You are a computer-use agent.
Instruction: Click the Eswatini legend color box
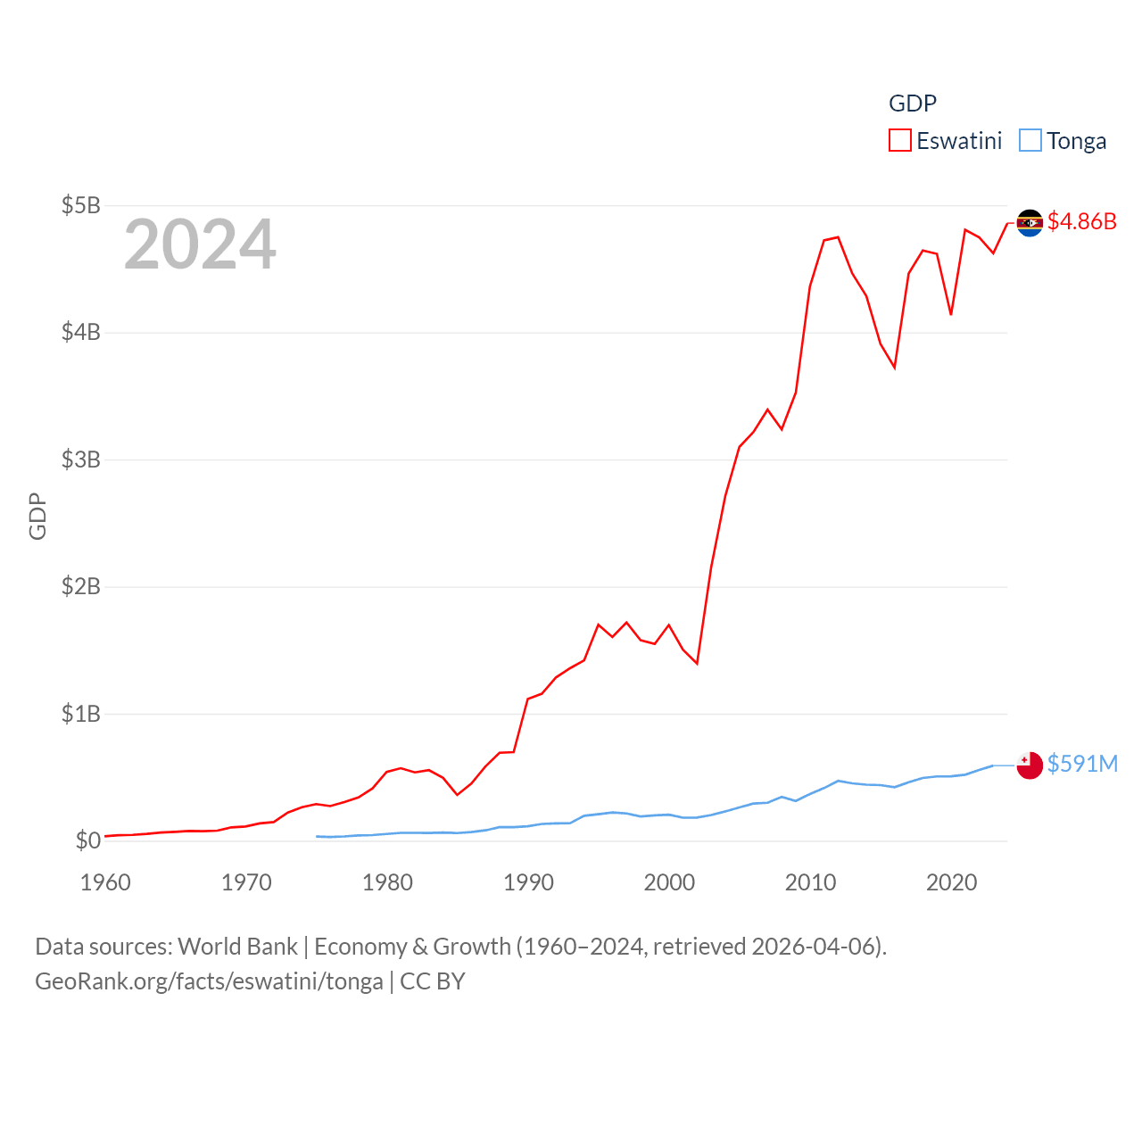(x=899, y=141)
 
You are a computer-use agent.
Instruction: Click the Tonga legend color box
(x=1030, y=141)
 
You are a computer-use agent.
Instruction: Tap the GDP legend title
(x=912, y=103)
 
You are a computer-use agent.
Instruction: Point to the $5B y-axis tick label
(x=80, y=205)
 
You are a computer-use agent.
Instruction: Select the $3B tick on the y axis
(x=80, y=459)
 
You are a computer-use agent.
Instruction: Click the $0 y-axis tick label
(x=87, y=840)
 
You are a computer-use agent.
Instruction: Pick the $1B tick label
(x=80, y=714)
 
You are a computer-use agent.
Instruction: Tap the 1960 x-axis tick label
(x=105, y=882)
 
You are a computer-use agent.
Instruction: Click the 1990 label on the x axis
(x=528, y=882)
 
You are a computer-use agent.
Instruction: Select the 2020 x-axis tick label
(x=951, y=882)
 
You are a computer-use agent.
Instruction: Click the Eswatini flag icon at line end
(x=1030, y=222)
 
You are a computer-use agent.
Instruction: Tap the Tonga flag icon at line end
(x=1030, y=765)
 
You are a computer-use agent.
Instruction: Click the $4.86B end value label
(x=1081, y=221)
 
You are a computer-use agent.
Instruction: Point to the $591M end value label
(x=1082, y=764)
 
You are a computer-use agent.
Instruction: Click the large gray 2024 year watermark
(x=200, y=244)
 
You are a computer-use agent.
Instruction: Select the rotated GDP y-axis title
(x=37, y=516)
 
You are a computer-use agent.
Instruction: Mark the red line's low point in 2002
(x=697, y=663)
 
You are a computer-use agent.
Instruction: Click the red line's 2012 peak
(x=838, y=237)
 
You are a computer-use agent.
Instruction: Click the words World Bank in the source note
(x=237, y=947)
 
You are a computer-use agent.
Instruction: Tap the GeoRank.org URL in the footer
(x=209, y=981)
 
